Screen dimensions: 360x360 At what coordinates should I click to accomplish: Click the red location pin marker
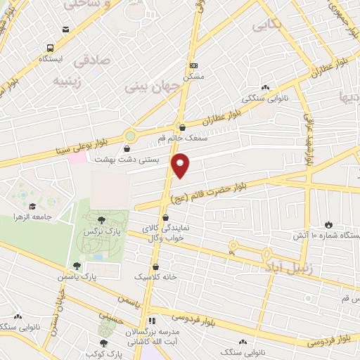pos(181,166)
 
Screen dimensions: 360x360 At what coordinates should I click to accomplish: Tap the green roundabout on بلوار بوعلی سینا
pos(129,136)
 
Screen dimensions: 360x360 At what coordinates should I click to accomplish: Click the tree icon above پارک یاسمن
pos(76,265)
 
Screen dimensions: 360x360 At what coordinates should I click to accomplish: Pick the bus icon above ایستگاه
pos(50,48)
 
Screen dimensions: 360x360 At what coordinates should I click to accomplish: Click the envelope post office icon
pos(65,29)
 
